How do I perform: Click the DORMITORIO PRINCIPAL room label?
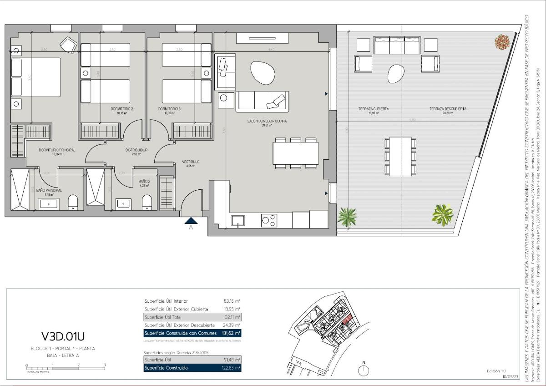tap(57, 150)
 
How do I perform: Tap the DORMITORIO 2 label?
tap(122, 109)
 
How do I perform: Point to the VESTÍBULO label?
tap(191, 162)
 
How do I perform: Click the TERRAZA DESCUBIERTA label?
tap(447, 109)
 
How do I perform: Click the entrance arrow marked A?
tap(191, 221)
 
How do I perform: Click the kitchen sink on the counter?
tap(237, 221)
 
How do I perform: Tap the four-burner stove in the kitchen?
tap(268, 220)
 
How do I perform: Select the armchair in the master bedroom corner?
tap(68, 45)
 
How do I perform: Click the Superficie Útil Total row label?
tap(163, 317)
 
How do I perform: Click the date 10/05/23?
tap(510, 377)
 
